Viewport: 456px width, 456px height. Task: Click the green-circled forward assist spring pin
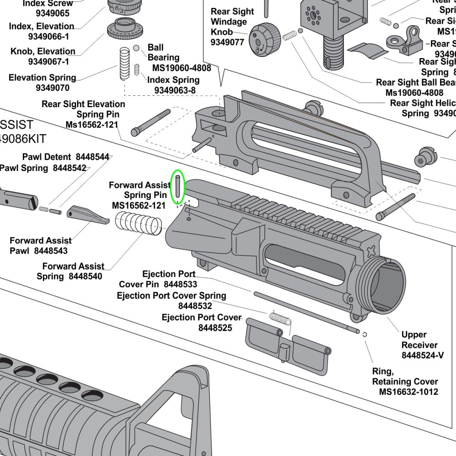click(x=177, y=187)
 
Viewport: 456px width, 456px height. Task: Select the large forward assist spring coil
click(x=139, y=223)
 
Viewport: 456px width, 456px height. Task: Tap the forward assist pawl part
click(x=87, y=215)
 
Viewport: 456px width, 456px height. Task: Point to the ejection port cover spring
click(x=280, y=318)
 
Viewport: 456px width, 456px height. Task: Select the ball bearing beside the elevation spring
click(x=136, y=48)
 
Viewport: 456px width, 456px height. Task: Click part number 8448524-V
click(x=422, y=355)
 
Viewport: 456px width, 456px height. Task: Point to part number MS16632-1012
click(x=408, y=392)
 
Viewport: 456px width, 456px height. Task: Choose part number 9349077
click(x=227, y=42)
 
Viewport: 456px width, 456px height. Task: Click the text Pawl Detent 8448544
click(x=66, y=157)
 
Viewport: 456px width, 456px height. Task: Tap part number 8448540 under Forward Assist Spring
click(x=85, y=276)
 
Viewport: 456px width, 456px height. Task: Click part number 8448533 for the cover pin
click(x=180, y=285)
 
